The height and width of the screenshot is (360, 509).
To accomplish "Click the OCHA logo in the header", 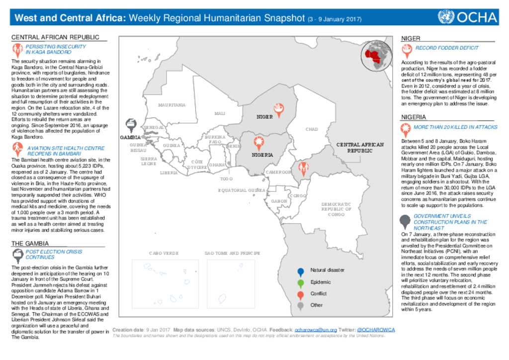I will [467, 17].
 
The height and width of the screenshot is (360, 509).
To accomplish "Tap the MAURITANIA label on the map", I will [171, 105].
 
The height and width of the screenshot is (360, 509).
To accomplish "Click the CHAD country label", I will [312, 129].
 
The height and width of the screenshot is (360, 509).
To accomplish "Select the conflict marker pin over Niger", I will [279, 109].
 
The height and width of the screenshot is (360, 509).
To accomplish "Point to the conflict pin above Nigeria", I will [258, 143].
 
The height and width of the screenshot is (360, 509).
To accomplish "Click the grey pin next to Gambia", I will [131, 125].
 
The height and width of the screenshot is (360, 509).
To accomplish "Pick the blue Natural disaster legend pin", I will [300, 271].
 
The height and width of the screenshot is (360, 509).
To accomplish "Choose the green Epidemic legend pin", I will [300, 283].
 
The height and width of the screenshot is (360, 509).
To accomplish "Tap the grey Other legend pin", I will [300, 306].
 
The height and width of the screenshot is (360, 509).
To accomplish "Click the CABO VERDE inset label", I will [164, 253].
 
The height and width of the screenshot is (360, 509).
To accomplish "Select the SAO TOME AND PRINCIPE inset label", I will [232, 253].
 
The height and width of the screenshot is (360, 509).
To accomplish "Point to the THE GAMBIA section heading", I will [30, 243].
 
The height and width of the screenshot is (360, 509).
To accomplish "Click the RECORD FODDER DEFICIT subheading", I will [447, 48].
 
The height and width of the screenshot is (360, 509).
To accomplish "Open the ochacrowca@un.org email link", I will [316, 330].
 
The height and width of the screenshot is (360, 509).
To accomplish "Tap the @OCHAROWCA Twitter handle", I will [376, 330].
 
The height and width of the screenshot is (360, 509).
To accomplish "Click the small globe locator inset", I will [376, 55].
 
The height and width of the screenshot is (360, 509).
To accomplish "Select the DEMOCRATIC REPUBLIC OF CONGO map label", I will [336, 209].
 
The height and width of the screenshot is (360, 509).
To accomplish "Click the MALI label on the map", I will [220, 113].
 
